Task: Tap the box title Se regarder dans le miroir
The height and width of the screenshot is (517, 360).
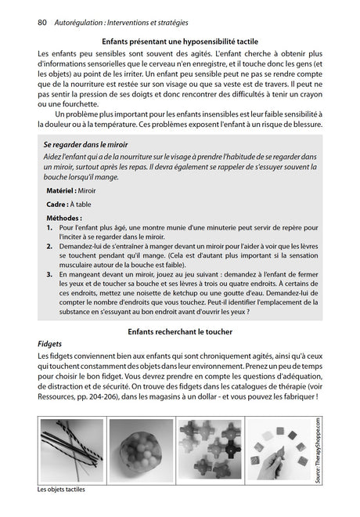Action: (x=85, y=145)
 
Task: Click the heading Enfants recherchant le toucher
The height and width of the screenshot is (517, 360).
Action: (x=180, y=332)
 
